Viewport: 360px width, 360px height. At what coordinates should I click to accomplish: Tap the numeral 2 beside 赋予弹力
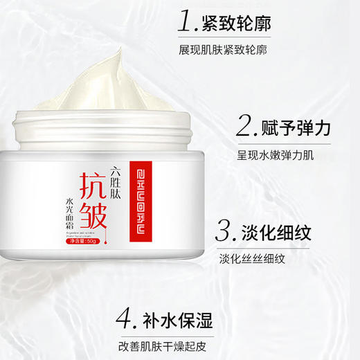(x=246, y=126)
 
